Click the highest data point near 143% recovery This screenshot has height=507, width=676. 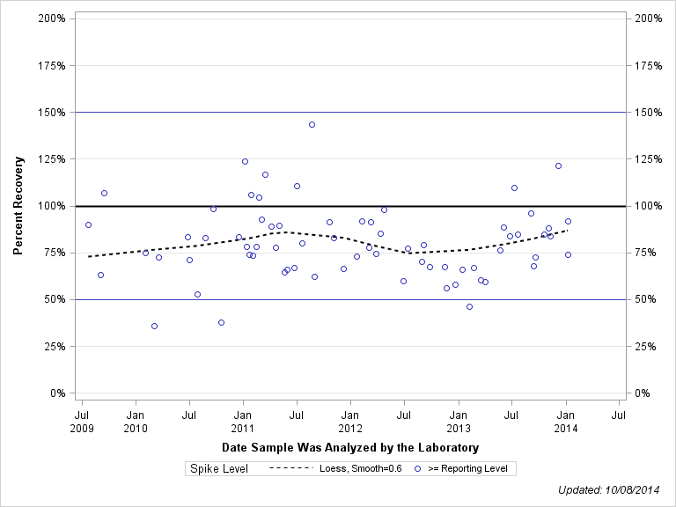point(312,124)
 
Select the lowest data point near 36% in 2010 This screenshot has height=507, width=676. point(154,326)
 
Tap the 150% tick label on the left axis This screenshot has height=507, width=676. point(50,113)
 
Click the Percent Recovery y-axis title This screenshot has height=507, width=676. point(18,206)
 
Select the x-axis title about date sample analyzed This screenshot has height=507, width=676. point(350,448)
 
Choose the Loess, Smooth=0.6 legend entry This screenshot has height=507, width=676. point(334,468)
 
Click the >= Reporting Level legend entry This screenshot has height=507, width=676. point(461,468)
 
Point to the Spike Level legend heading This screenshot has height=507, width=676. point(219,468)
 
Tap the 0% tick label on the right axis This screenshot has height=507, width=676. point(642,393)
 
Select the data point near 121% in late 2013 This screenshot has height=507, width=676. point(558,165)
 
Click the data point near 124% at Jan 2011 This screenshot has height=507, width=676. point(245,161)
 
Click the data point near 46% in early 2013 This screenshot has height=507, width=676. point(469,306)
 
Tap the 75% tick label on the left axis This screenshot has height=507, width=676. point(53,253)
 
